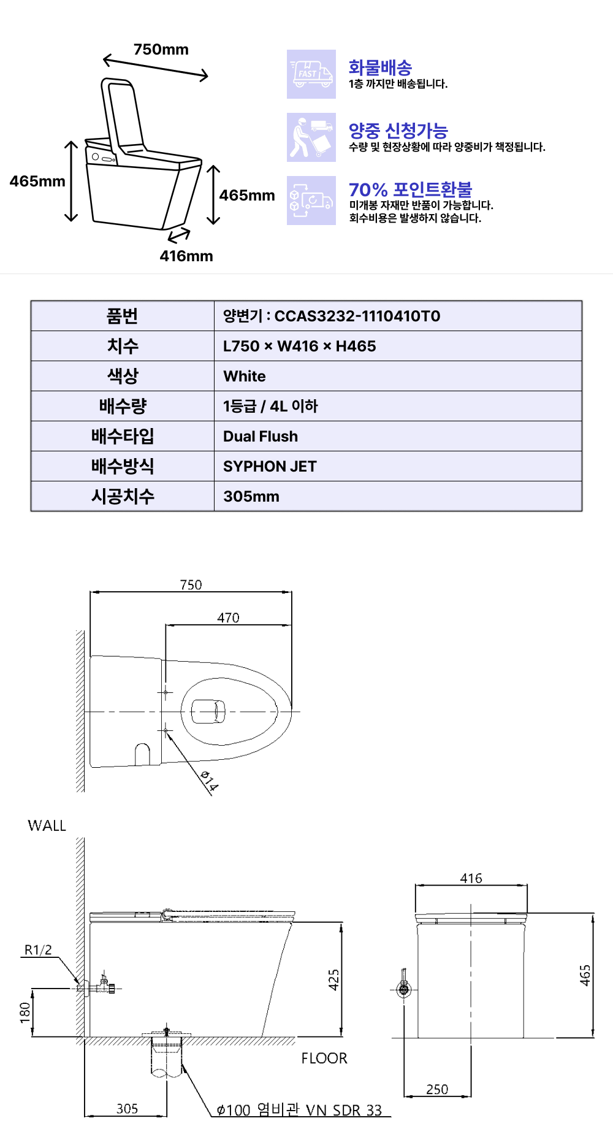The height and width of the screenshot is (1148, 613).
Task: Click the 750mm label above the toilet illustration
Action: pos(161,50)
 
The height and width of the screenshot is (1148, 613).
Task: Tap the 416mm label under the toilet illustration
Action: pos(186,256)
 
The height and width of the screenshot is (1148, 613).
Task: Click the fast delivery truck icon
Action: pos(311,74)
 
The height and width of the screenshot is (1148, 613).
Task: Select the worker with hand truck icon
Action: pos(311,137)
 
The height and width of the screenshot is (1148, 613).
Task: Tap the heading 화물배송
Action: pos(380,67)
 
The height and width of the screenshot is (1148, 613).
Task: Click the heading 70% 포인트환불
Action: pos(410,189)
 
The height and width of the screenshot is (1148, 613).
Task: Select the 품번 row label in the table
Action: pos(123,316)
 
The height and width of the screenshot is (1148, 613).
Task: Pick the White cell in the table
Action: pos(245,377)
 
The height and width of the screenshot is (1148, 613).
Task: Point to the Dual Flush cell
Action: pos(261,437)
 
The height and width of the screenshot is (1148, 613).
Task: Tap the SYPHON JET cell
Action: pos(270,467)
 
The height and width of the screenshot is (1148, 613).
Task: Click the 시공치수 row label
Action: pos(123,496)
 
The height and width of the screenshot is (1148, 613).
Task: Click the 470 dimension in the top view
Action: pos(228,618)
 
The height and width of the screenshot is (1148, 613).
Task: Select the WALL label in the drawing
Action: pos(47,826)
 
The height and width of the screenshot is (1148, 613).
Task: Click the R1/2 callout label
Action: pos(38,950)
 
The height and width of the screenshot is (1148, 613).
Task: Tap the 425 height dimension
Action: pos(333,980)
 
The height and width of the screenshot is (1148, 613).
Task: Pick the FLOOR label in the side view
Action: pos(324,1058)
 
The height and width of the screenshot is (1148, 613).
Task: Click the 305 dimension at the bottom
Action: pos(127,1109)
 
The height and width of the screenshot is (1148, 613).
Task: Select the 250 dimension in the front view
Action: pos(437,1089)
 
